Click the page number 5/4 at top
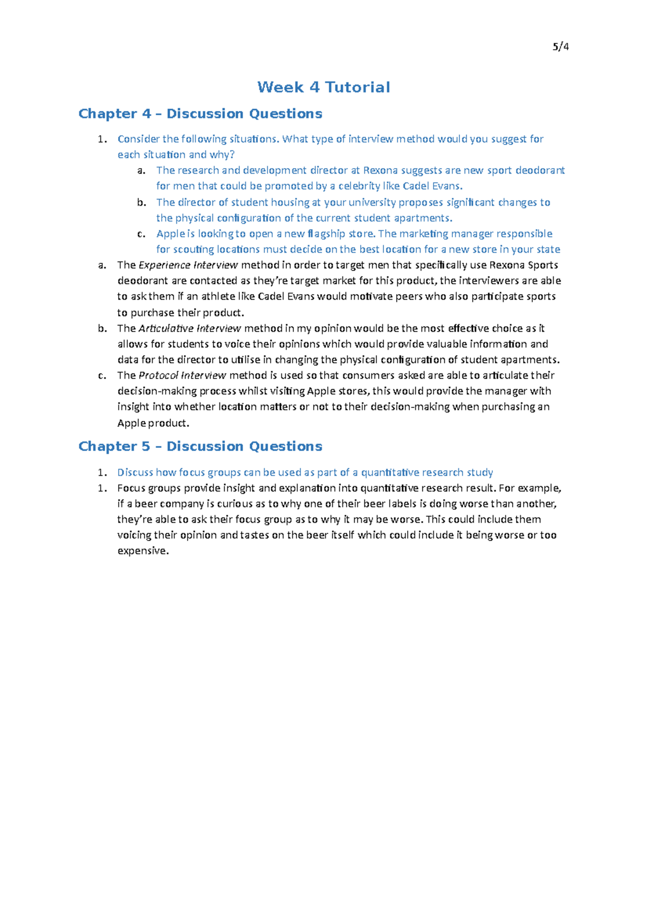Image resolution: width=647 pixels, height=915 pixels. pos(561,47)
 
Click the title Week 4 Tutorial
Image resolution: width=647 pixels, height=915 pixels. pos(323,87)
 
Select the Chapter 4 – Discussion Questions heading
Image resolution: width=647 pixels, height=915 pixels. pos(200,114)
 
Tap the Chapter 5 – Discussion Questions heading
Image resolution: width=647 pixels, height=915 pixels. pos(200,446)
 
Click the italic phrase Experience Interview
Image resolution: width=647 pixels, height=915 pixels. pos(188,265)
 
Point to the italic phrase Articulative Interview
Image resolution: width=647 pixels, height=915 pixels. pos(190,328)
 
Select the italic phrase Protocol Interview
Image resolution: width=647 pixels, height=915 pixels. pos(182,376)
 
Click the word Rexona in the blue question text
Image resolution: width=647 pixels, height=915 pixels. pos(380,170)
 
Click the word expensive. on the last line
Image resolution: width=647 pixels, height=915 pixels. pos(143,551)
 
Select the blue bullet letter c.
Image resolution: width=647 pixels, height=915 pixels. pos(141,234)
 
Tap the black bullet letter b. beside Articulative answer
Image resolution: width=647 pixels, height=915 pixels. pos(102,328)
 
